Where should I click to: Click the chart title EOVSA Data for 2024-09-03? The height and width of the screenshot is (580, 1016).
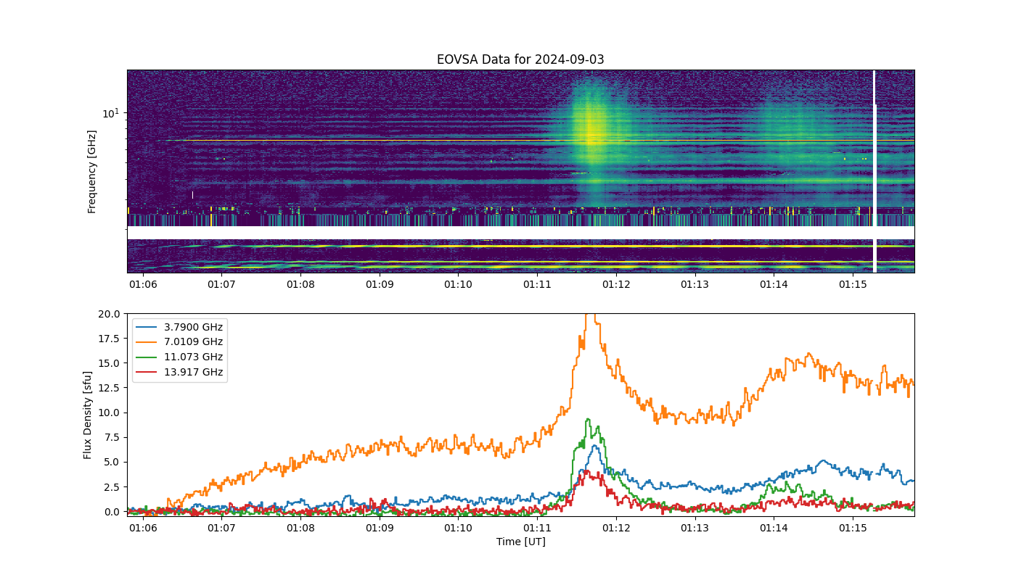coord(520,59)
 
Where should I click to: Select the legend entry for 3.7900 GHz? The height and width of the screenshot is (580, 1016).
coord(179,327)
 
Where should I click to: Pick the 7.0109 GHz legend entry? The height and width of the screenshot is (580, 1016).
coord(179,341)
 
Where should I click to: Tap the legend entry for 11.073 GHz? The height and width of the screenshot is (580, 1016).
coord(179,357)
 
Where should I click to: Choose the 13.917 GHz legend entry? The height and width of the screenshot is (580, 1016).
coord(179,372)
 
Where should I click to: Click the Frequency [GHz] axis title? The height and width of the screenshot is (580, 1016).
coord(91,172)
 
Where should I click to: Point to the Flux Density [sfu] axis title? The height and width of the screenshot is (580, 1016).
coord(87,415)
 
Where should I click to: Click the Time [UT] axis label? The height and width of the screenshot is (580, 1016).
coord(521,542)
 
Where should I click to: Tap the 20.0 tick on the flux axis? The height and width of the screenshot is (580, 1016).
coord(109,314)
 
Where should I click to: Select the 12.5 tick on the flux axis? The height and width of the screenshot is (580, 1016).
coord(109,388)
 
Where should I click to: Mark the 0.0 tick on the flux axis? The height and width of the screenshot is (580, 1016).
coord(112,512)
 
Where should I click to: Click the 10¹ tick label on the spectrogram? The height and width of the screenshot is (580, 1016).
coord(110,113)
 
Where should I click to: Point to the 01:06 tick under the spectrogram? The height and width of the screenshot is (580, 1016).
coord(143,284)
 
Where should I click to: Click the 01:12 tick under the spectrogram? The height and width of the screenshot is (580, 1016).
coord(616,284)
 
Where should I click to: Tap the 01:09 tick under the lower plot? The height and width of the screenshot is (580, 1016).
coord(380,528)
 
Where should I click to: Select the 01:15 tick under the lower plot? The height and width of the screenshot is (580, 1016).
coord(853,528)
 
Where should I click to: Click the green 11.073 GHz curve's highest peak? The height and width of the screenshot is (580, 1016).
coord(588,419)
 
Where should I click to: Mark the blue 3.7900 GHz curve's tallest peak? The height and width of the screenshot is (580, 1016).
coord(594,446)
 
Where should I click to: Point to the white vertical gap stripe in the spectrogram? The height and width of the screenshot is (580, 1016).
coord(874,171)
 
